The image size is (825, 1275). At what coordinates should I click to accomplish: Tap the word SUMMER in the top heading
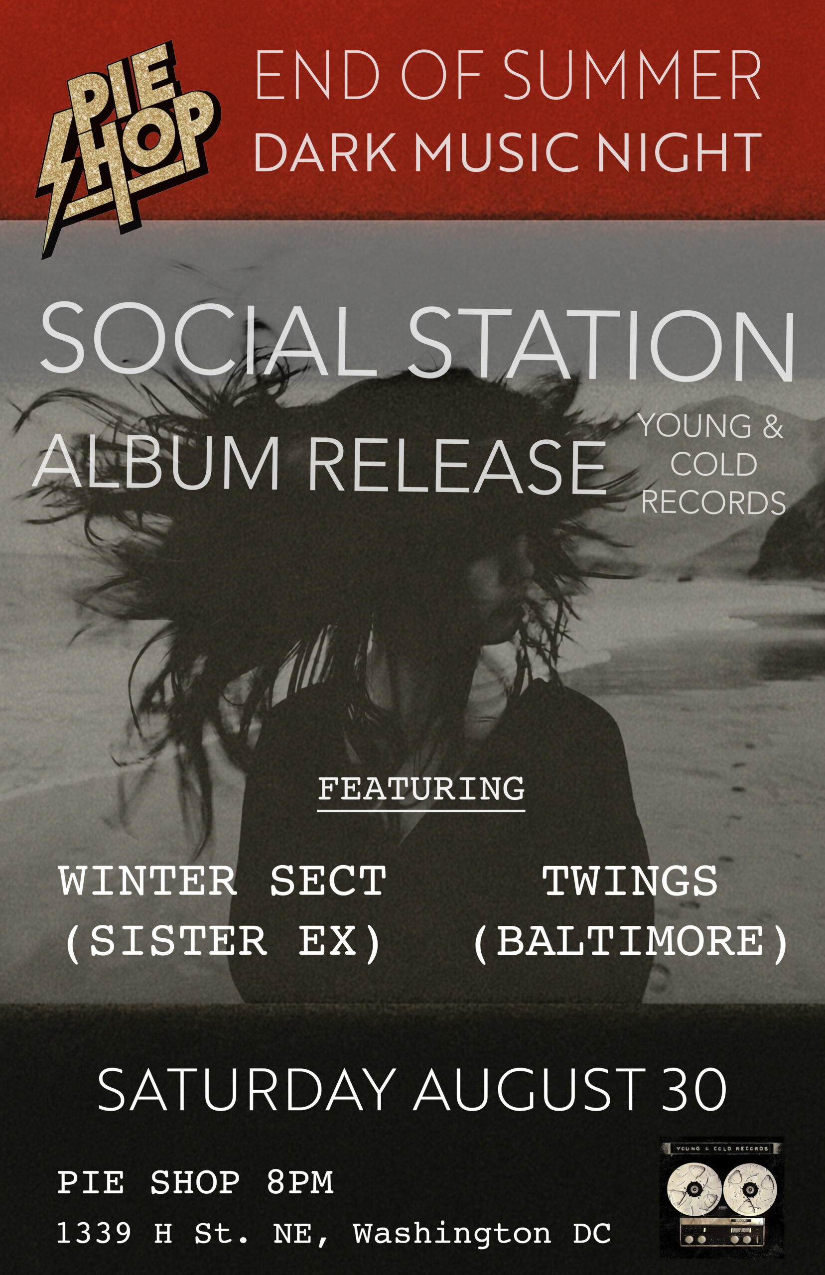(632, 75)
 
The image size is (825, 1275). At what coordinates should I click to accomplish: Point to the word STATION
(601, 344)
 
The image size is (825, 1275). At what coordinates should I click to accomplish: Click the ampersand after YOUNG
(773, 426)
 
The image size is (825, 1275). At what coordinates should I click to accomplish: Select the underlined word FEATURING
(421, 789)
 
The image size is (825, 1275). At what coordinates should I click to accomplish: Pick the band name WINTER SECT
(222, 881)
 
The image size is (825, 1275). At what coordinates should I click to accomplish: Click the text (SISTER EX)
(222, 942)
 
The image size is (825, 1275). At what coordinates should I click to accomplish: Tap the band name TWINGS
(630, 882)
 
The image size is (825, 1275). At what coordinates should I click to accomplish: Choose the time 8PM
(300, 1182)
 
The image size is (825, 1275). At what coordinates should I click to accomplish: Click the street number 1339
(94, 1233)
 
